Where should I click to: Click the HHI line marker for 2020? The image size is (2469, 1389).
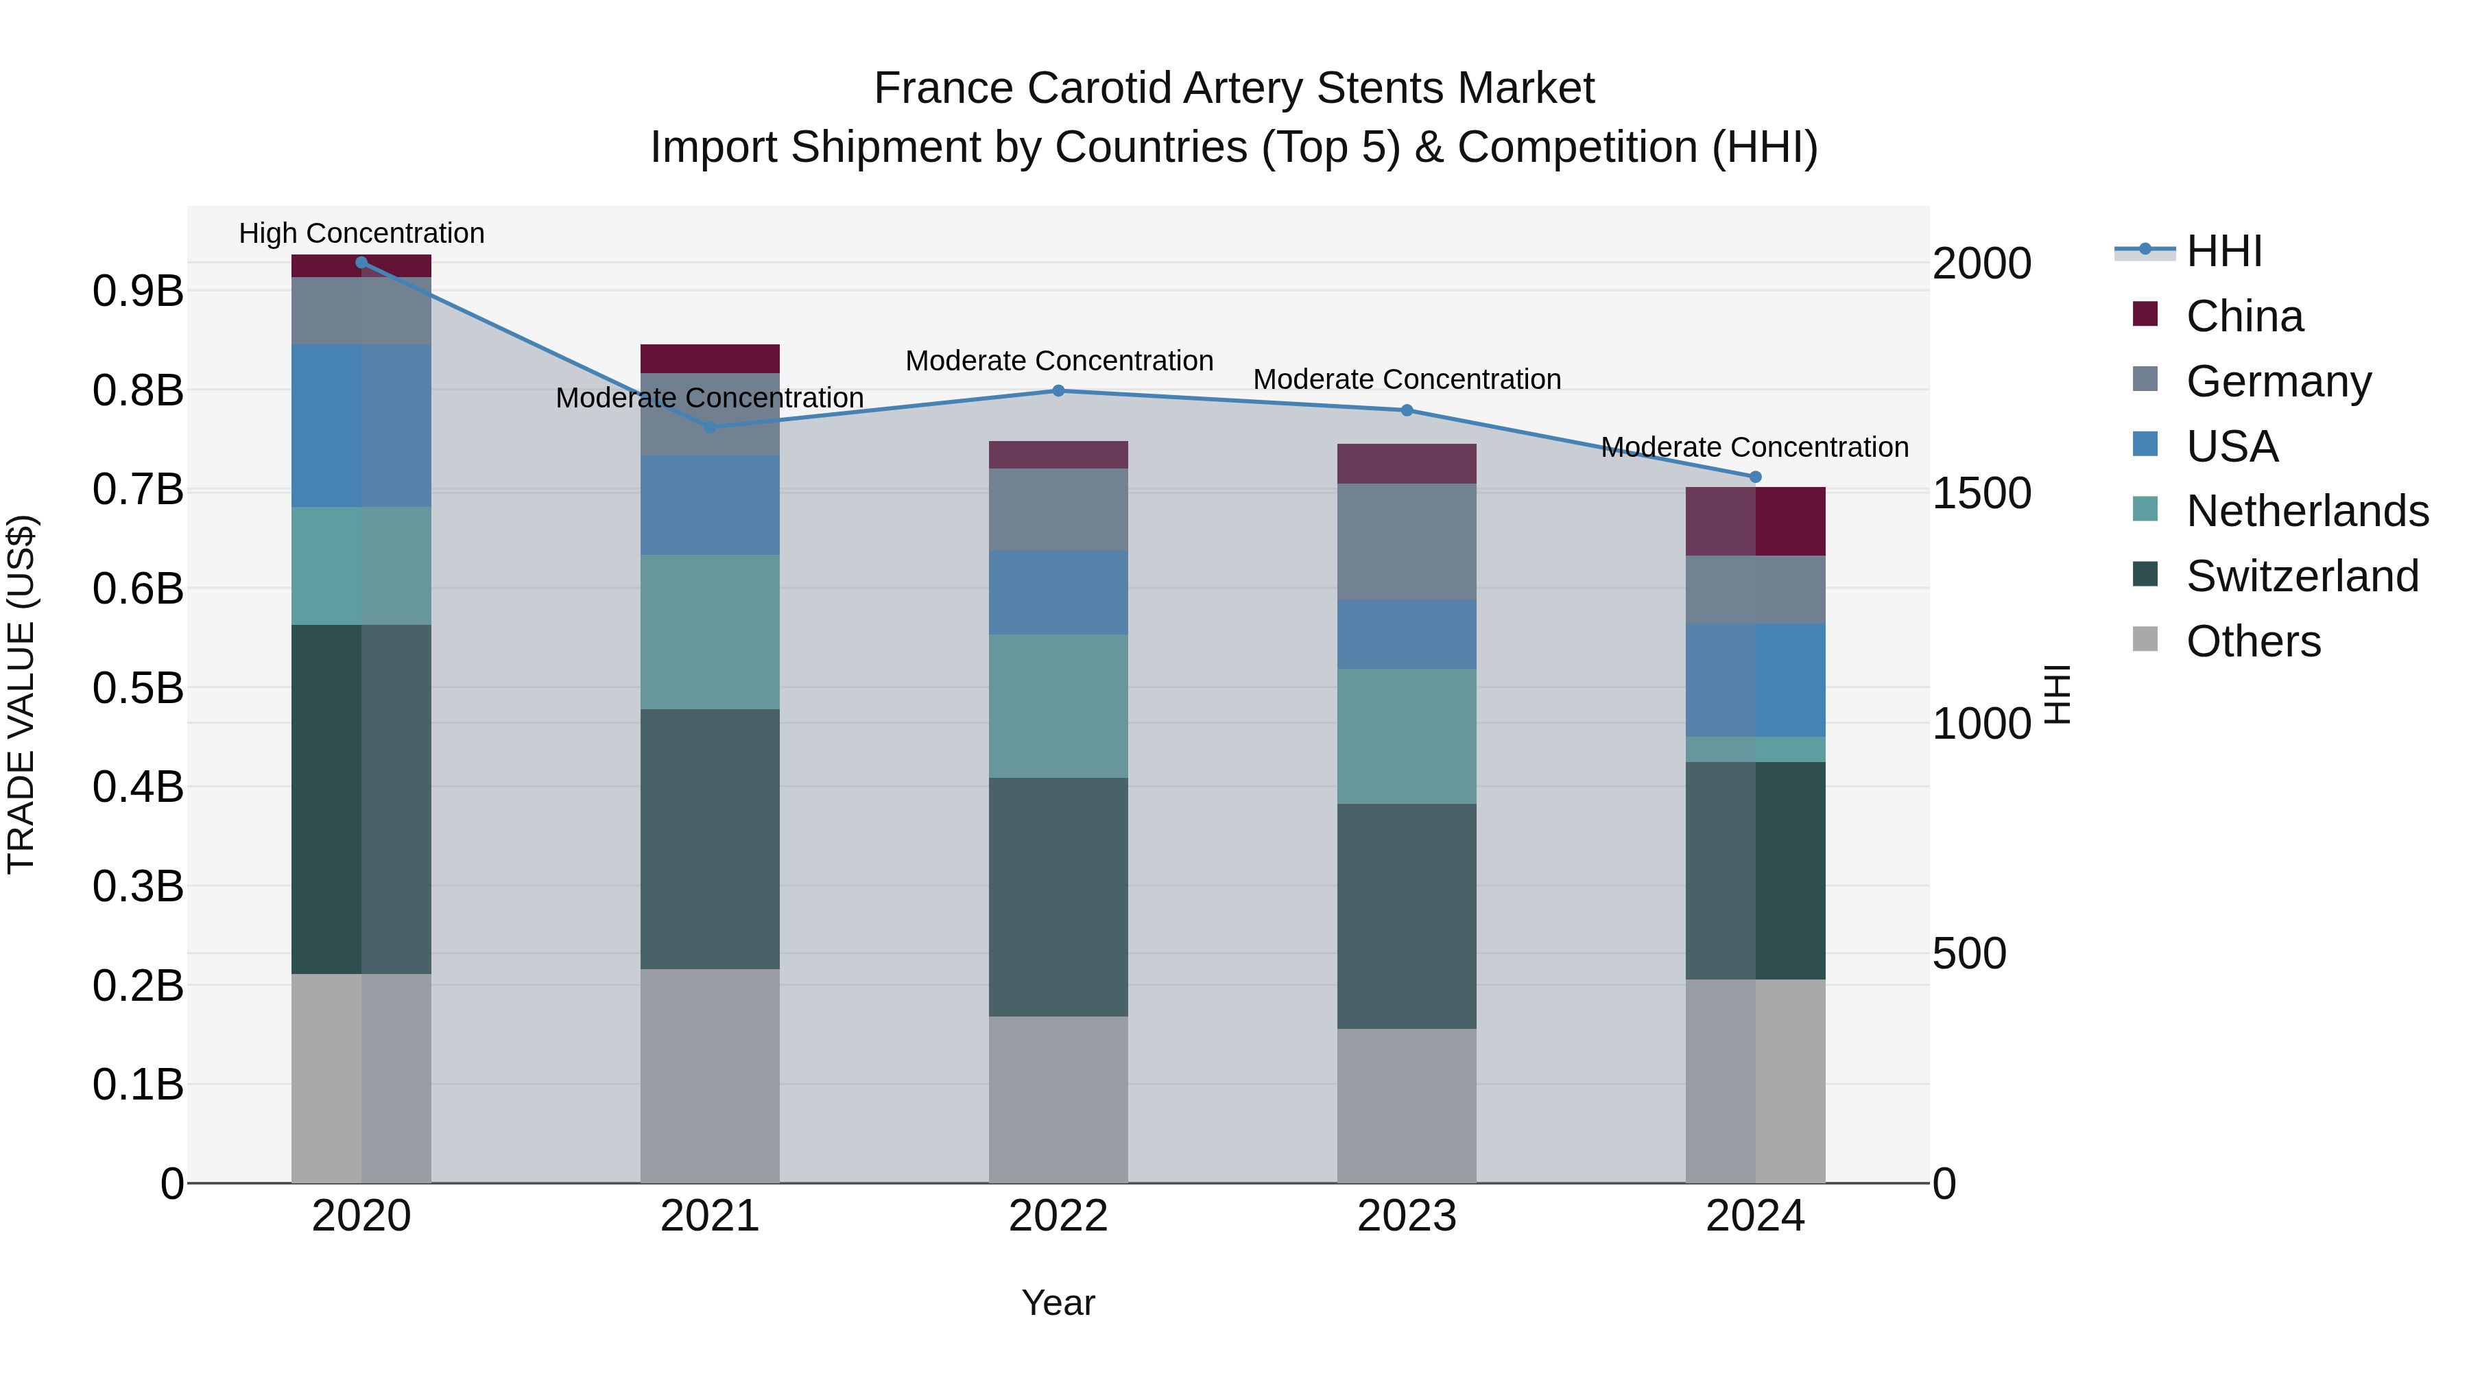(361, 263)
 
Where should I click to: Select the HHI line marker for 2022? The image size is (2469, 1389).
(1058, 390)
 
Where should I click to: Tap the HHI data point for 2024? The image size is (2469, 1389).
(1755, 477)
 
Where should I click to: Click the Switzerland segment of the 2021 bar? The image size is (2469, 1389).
(709, 839)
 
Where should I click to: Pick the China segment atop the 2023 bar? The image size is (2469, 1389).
(1406, 463)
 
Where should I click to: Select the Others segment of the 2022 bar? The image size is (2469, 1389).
(1058, 1099)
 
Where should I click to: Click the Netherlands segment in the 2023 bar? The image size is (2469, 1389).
(1406, 735)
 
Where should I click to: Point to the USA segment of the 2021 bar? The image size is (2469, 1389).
(709, 504)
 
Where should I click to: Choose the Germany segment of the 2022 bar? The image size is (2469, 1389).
(1058, 509)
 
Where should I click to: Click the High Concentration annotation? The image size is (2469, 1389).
(361, 233)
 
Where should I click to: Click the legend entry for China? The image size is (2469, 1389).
(2244, 316)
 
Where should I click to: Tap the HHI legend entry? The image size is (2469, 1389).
(2223, 251)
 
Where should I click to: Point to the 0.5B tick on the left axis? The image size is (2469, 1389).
(137, 687)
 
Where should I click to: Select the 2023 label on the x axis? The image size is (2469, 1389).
(1406, 1216)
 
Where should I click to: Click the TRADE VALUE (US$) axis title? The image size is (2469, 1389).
(21, 694)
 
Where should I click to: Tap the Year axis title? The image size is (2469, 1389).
(1058, 1302)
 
